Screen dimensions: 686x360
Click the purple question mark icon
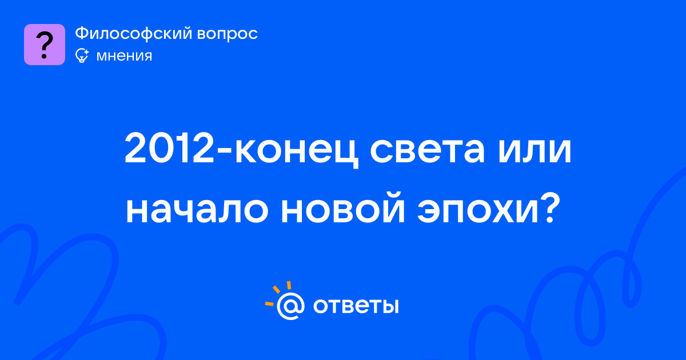click(45, 45)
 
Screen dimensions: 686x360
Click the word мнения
click(124, 56)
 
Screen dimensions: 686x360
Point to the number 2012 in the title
click(169, 149)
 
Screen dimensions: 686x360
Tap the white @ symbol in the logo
click(290, 306)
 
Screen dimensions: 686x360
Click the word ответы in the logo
click(356, 306)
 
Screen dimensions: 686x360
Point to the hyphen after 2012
click(224, 153)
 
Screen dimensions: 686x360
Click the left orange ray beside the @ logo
click(269, 303)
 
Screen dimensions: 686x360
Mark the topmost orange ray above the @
click(289, 285)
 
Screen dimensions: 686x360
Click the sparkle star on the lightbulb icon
click(86, 52)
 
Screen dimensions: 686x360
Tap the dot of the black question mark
click(44, 57)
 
